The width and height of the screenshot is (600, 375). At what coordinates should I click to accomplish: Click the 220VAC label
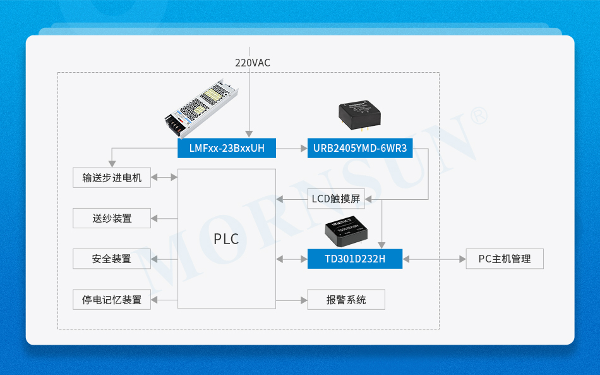click(x=252, y=63)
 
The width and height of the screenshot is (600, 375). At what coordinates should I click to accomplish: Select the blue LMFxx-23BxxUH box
click(x=227, y=149)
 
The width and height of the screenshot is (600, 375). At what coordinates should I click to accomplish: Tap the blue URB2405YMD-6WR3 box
click(x=360, y=149)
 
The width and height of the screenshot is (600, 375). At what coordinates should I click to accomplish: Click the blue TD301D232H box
click(x=354, y=259)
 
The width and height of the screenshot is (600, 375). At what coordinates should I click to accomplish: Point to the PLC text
click(x=226, y=239)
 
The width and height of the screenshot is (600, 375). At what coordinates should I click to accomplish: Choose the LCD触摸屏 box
click(x=335, y=199)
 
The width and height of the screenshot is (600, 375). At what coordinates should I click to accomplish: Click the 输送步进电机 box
click(x=112, y=178)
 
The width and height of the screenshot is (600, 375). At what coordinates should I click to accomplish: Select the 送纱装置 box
click(x=112, y=218)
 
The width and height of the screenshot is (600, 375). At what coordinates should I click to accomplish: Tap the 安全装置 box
click(x=112, y=259)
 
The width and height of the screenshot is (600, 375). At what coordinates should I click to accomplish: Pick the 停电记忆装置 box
click(x=112, y=299)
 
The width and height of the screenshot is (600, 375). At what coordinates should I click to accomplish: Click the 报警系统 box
click(x=346, y=299)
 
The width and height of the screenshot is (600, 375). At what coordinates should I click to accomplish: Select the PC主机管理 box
click(x=505, y=259)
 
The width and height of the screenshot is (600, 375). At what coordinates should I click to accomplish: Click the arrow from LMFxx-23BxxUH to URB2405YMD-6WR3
click(x=292, y=149)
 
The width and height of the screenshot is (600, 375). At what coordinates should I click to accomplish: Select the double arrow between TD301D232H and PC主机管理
click(x=434, y=259)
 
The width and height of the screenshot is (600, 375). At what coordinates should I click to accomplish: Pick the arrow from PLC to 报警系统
click(x=292, y=299)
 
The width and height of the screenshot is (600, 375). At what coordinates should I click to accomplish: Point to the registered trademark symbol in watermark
click(x=479, y=115)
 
